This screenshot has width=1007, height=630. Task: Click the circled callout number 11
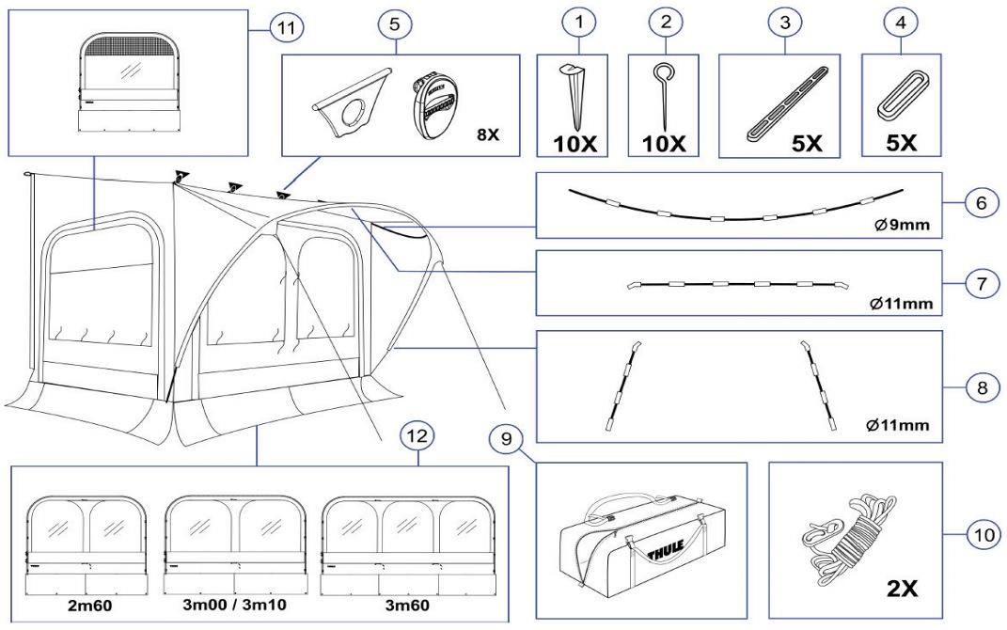pyautogui.click(x=281, y=28)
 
